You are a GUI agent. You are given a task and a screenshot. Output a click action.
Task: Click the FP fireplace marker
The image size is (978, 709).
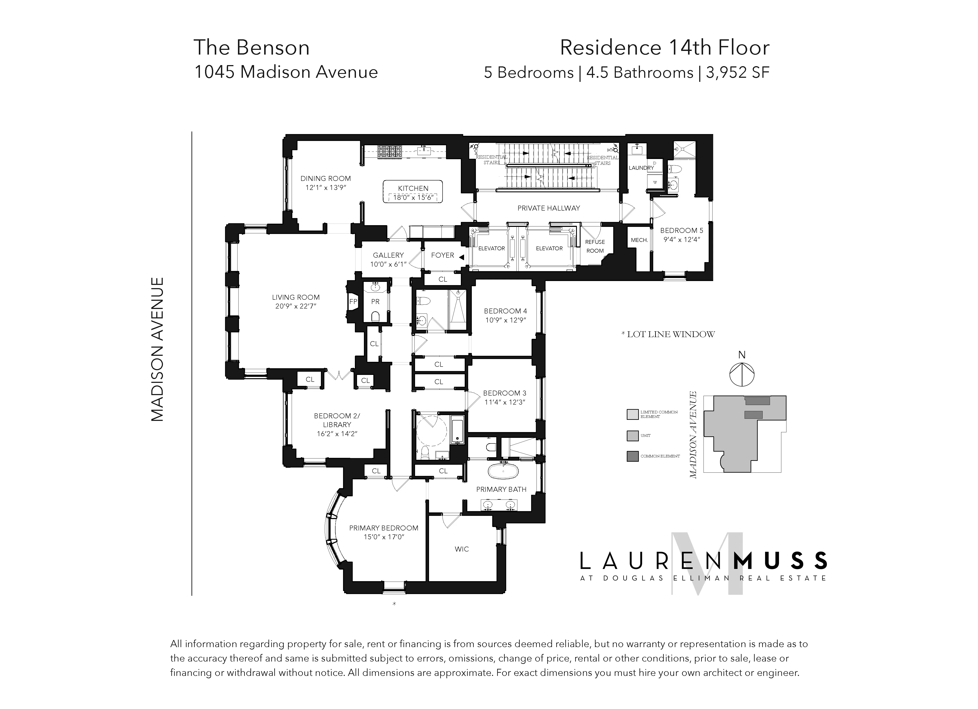353,302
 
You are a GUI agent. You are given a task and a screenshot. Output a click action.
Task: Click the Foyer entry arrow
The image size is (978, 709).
461,257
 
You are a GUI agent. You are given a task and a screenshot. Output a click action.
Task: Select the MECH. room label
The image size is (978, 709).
639,240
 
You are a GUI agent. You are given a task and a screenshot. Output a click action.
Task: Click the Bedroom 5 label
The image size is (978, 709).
681,231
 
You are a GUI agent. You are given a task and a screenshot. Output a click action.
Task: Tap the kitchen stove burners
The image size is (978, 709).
389,151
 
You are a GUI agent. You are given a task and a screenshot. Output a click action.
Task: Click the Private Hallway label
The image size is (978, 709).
549,208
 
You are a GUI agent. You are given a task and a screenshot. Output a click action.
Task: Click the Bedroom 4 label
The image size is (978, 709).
505,311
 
